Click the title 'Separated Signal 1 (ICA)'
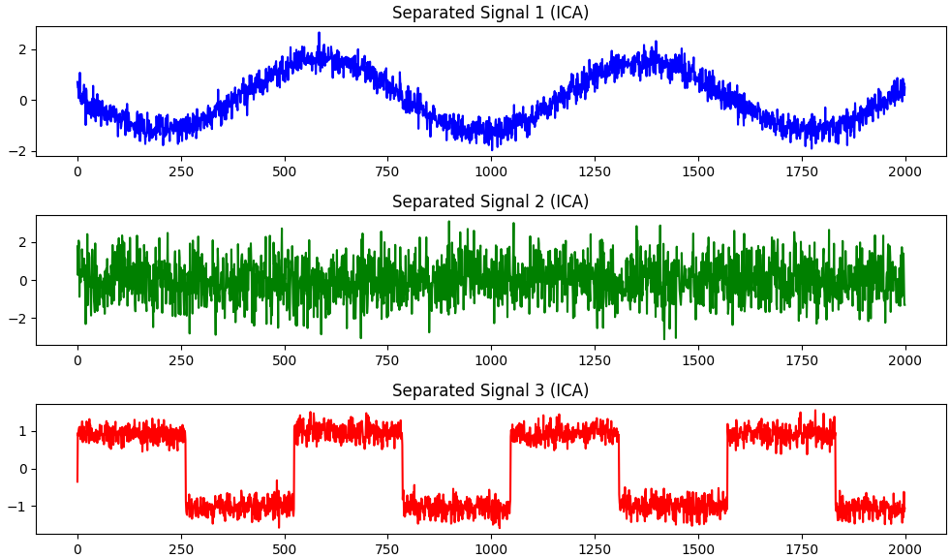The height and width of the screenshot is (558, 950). (x=490, y=13)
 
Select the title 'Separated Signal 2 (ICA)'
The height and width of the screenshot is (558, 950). (x=490, y=201)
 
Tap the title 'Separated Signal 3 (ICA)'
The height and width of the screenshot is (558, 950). (x=490, y=390)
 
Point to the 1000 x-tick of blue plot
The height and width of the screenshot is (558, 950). (x=491, y=171)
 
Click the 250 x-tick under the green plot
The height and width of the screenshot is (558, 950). (x=181, y=360)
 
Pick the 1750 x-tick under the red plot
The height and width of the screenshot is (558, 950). (x=802, y=549)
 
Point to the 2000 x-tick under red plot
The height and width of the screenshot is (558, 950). (x=904, y=549)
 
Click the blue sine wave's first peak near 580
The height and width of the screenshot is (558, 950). (x=319, y=35)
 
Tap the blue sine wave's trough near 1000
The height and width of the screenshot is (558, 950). (x=491, y=145)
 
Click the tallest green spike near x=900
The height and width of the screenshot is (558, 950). (x=448, y=223)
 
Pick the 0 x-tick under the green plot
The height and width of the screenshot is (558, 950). (x=77, y=360)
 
